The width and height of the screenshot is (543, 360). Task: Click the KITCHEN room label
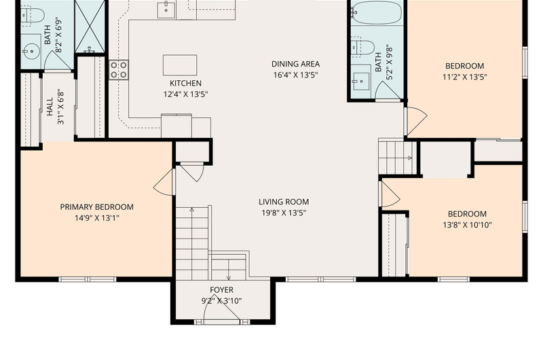[x=185, y=83]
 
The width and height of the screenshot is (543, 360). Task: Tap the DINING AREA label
[x=295, y=64]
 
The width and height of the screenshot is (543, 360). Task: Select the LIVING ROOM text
[x=284, y=202]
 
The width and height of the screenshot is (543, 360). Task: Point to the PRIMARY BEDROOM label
[x=97, y=207]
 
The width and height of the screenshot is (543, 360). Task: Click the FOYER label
[x=222, y=289]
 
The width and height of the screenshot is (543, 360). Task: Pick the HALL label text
[x=50, y=107]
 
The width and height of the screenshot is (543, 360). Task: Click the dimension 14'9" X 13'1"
[x=97, y=218]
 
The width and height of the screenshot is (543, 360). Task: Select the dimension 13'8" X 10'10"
[x=467, y=225]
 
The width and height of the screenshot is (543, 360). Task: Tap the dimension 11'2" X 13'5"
[x=465, y=77]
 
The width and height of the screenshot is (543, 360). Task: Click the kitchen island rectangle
[x=180, y=65]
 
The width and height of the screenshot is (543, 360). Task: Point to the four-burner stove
[x=119, y=70]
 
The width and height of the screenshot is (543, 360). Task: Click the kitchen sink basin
[x=166, y=10]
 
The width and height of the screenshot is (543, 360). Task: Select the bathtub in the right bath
[x=377, y=12]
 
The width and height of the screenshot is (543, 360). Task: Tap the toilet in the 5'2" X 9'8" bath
[x=363, y=48]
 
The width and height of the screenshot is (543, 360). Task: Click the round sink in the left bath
[x=31, y=52]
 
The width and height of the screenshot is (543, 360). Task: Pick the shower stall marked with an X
[x=90, y=26]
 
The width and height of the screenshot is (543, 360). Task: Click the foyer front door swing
[x=222, y=308]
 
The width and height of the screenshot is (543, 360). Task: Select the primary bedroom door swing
[x=164, y=183]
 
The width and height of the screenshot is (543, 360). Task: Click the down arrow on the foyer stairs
[x=229, y=270]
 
